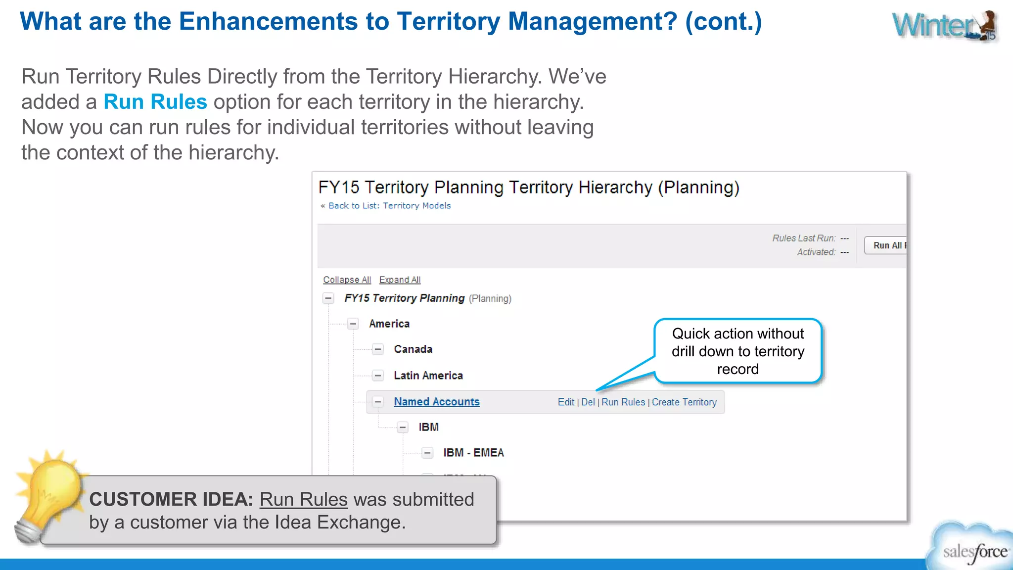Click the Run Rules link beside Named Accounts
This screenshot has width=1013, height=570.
point(623,402)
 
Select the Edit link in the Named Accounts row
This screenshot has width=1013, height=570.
point(565,402)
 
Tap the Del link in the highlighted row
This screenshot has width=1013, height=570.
point(588,402)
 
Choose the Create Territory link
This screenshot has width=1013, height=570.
point(684,402)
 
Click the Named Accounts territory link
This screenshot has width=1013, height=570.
point(436,402)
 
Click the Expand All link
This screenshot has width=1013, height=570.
point(400,280)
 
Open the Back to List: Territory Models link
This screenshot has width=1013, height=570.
point(389,205)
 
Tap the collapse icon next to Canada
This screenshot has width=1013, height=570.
point(378,349)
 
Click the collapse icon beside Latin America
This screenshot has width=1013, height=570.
point(378,376)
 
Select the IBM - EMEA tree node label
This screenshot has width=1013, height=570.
point(473,453)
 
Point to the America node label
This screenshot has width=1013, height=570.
point(389,324)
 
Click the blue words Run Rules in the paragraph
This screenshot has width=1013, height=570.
point(155,102)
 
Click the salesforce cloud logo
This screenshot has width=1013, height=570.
point(972,549)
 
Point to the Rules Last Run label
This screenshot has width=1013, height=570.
point(803,238)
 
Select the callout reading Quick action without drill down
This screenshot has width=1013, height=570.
point(737,351)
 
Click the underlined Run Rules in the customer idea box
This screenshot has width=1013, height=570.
point(303,500)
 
